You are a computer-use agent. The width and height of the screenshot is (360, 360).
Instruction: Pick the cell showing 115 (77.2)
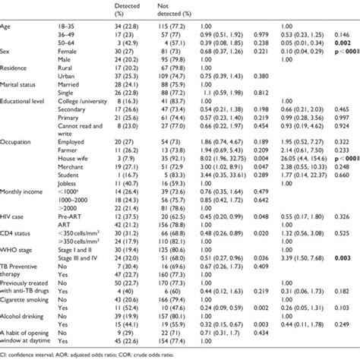coord(173,29)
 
